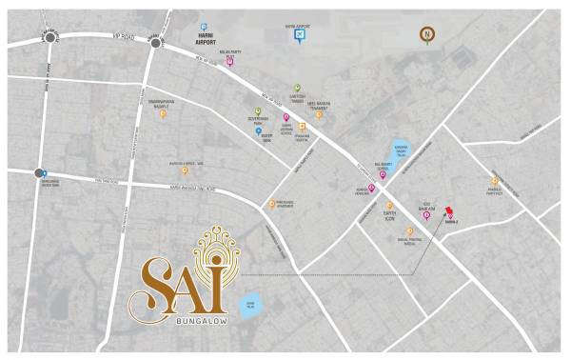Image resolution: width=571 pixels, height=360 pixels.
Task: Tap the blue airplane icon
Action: pos(301,36)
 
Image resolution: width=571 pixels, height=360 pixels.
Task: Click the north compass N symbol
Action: pos(428,36)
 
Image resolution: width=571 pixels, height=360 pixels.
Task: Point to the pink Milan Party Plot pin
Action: pos(230,63)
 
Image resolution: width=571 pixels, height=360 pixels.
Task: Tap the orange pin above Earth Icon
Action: pos(389,205)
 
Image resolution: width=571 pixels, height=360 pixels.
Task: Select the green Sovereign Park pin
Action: pos(257,111)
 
